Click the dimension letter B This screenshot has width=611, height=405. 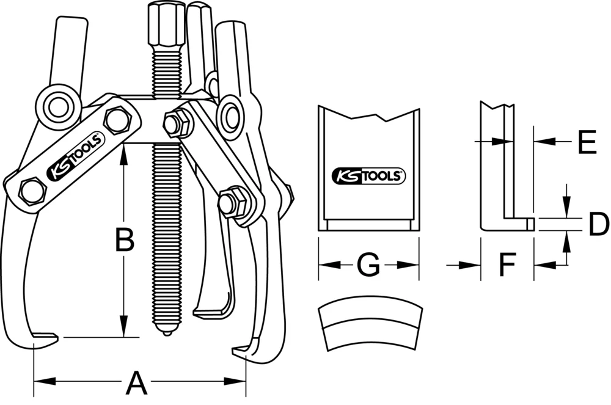(125, 241)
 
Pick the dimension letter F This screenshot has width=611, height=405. (507, 265)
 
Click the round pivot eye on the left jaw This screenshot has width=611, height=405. (57, 108)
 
